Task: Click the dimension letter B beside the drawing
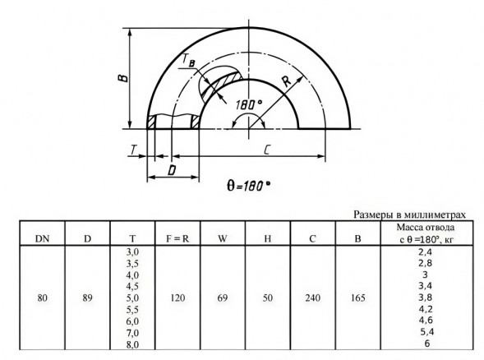click(123, 77)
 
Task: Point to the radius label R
click(287, 81)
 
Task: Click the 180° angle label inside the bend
click(249, 104)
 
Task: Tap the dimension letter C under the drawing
click(267, 150)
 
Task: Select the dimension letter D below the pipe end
click(172, 170)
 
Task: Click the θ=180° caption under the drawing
click(249, 186)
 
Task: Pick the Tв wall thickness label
click(188, 60)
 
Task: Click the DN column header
click(42, 238)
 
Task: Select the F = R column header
click(177, 238)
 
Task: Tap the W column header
click(223, 238)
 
